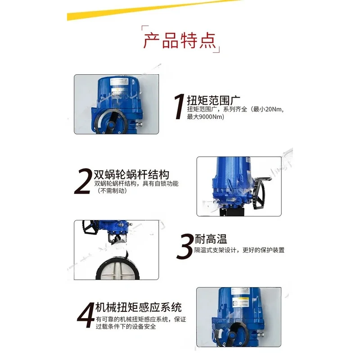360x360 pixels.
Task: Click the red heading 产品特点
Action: coord(180,40)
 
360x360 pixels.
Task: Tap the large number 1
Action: coord(179,107)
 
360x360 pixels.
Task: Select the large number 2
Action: coord(83,181)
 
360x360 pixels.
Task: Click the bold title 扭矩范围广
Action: coord(213,100)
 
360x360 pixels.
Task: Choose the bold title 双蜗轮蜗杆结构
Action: coord(131,175)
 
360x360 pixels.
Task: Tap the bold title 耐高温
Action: coord(211,239)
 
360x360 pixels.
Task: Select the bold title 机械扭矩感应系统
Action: coord(139,307)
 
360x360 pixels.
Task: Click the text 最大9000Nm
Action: coord(205,117)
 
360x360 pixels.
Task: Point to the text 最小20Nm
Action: coord(268,109)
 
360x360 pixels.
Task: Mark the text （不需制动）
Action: coord(112,191)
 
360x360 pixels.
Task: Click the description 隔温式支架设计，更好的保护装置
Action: coord(239,250)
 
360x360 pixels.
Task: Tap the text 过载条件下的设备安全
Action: coord(126,326)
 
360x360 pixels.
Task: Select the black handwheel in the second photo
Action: coord(258,193)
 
